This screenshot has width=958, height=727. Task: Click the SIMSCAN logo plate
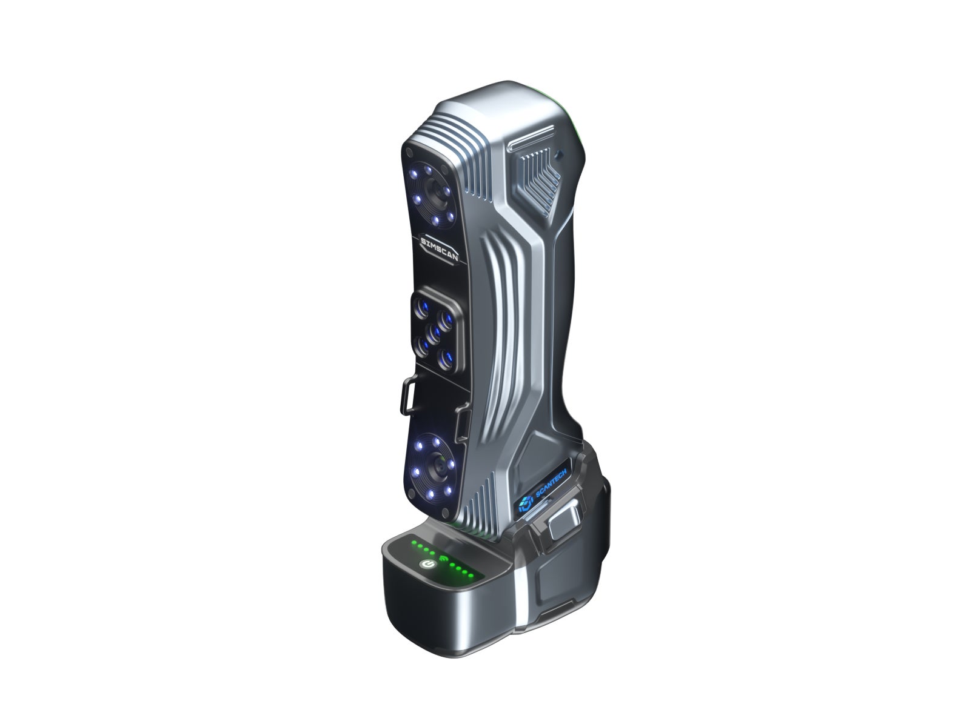click(439, 250)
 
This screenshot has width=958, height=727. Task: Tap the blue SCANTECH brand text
click(551, 483)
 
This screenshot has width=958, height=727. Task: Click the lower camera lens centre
click(438, 468)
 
